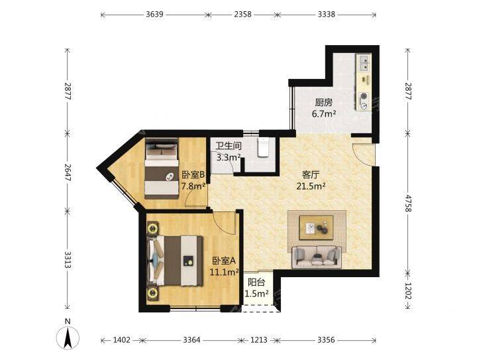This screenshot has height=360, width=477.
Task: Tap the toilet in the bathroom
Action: pos(263,147)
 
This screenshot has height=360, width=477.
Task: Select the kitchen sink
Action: pos(364,63)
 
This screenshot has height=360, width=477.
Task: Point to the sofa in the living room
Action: pos(317,257)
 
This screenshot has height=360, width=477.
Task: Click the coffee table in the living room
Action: pos(317,227)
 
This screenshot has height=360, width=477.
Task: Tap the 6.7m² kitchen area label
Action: pos(324,114)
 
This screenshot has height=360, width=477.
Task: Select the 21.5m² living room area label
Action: pos(311,186)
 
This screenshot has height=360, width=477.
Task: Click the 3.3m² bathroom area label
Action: pos(229,157)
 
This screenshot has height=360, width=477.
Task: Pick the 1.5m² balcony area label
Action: pos(256,294)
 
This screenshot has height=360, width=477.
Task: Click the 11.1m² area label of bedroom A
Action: pos(224,272)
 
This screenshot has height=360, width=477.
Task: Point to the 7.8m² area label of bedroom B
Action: pos(193,186)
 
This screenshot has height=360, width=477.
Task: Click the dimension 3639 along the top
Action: pos(154,15)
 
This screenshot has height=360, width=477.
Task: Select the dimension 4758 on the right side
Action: pos(408,204)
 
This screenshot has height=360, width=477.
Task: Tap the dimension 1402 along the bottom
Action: pos(122,339)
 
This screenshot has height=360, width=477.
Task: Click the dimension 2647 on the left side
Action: pos(68,172)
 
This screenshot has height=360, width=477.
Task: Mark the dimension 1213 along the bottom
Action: pos(258,339)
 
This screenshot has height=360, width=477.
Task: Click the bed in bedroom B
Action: pos(161,168)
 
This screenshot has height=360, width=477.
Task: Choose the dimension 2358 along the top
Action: pos(242,15)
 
